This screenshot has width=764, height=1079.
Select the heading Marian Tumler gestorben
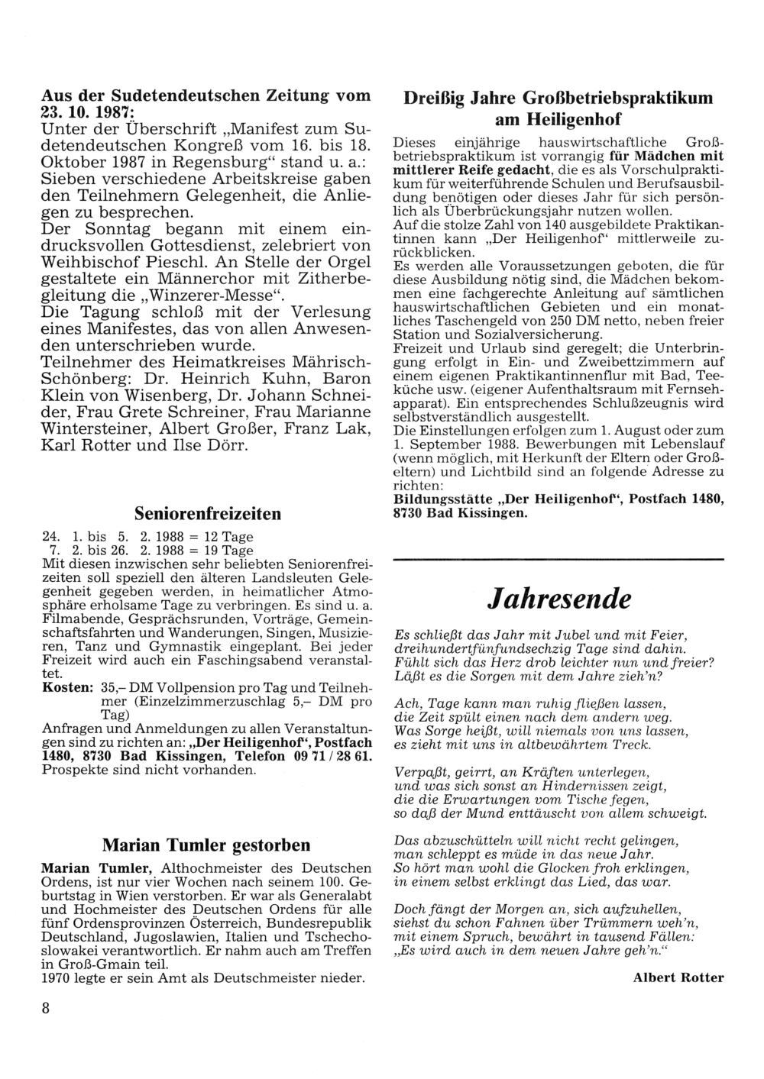pyautogui.click(x=206, y=845)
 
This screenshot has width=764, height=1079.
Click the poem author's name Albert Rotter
pyautogui.click(x=678, y=977)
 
